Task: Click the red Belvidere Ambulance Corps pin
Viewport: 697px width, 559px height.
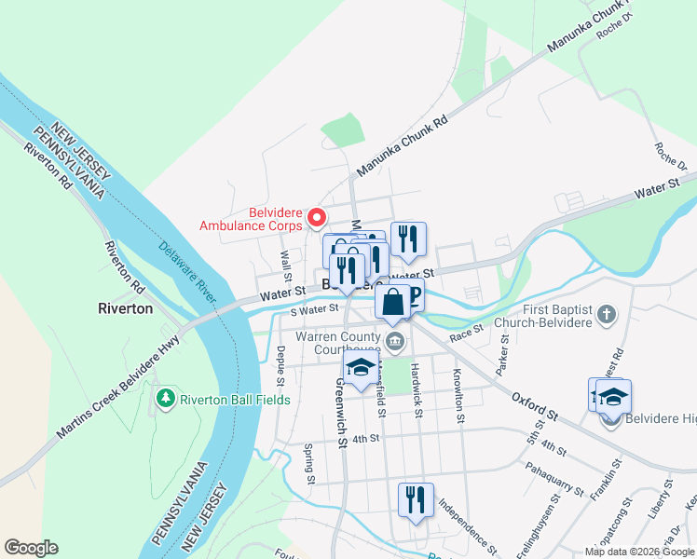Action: pyautogui.click(x=316, y=218)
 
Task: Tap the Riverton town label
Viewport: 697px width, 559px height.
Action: pyautogui.click(x=126, y=308)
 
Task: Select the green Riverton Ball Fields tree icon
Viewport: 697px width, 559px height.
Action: pyautogui.click(x=166, y=399)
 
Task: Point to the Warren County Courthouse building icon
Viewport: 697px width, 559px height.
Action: pyautogui.click(x=395, y=342)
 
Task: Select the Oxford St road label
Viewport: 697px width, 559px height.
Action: pyautogui.click(x=534, y=406)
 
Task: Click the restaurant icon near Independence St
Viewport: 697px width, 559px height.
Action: pyautogui.click(x=413, y=499)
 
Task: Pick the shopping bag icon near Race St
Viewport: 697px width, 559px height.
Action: pyautogui.click(x=392, y=302)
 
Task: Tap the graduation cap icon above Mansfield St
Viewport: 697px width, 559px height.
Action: pyautogui.click(x=361, y=368)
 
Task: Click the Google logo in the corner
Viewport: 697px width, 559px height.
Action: pyautogui.click(x=31, y=548)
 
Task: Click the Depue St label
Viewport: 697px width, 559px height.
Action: pyautogui.click(x=280, y=364)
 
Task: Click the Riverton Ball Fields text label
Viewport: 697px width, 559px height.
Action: pyautogui.click(x=236, y=400)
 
